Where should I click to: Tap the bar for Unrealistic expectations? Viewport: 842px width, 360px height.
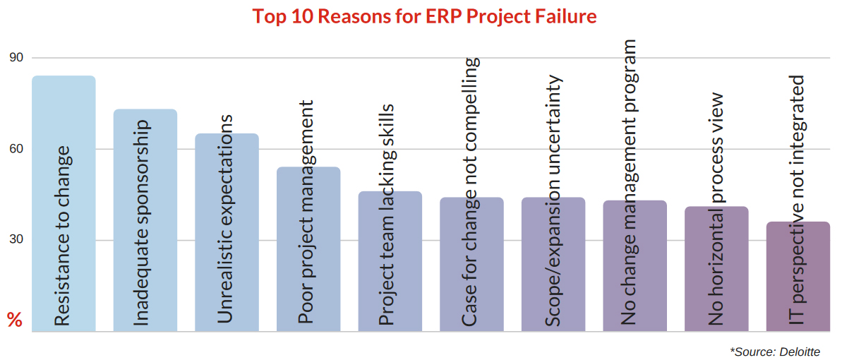pyautogui.click(x=227, y=232)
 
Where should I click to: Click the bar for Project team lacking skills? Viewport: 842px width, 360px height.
pyautogui.click(x=390, y=261)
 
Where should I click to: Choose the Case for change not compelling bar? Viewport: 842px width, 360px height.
pyautogui.click(x=471, y=265)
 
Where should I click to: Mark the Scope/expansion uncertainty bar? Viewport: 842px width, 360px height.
pyautogui.click(x=553, y=265)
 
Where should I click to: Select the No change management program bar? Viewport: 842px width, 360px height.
pyautogui.click(x=635, y=266)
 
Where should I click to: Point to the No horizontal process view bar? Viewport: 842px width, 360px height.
pyautogui.click(x=716, y=269)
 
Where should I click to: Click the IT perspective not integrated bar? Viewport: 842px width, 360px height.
pyautogui.click(x=798, y=277)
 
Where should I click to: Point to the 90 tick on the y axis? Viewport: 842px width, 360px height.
pyautogui.click(x=16, y=58)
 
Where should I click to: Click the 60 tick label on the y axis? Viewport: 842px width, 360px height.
pyautogui.click(x=16, y=149)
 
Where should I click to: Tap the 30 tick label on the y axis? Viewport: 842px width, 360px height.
pyautogui.click(x=16, y=240)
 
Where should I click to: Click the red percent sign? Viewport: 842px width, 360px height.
pyautogui.click(x=15, y=320)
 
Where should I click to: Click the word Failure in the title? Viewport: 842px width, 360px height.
pyautogui.click(x=565, y=16)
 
